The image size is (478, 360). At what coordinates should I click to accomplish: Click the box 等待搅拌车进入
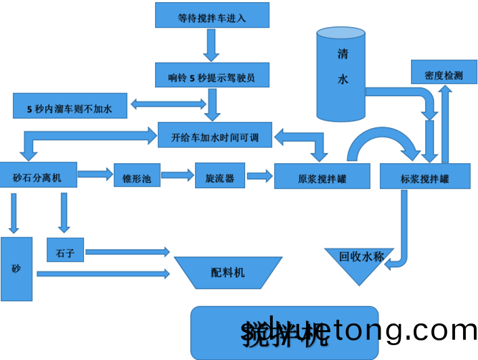point(212,15)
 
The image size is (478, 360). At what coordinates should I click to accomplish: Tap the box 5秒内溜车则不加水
point(70,106)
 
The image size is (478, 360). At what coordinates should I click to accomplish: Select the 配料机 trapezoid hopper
point(228,272)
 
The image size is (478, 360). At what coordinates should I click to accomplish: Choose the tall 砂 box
point(16,269)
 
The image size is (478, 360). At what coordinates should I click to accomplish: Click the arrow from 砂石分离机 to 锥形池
point(95,175)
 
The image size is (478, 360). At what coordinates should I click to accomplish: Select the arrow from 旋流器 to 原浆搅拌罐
point(259,176)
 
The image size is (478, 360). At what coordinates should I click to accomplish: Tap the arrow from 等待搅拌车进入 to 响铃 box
point(212,45)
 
